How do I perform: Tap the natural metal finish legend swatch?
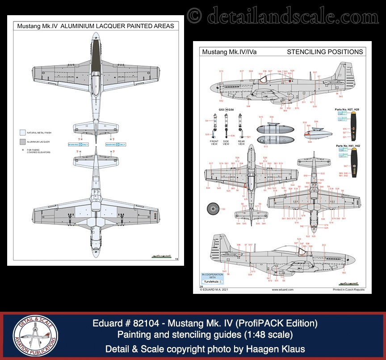(x=22, y=133)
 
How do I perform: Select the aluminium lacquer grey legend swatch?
(x=22, y=142)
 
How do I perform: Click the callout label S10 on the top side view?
(x=221, y=71)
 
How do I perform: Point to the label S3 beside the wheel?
(x=224, y=209)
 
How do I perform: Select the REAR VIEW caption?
(x=241, y=142)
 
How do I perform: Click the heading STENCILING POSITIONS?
(x=325, y=52)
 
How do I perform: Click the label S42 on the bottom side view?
(x=344, y=272)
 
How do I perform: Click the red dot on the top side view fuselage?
(x=291, y=82)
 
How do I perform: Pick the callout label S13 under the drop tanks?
(x=266, y=146)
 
